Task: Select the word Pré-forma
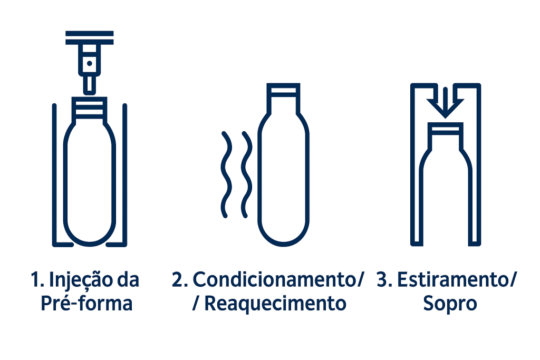pyautogui.click(x=86, y=303)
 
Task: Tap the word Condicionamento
pyautogui.click(x=274, y=279)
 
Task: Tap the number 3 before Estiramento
pyautogui.click(x=384, y=279)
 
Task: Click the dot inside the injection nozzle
pyautogui.click(x=90, y=63)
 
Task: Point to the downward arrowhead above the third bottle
pyautogui.click(x=445, y=109)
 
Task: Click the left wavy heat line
pyautogui.click(x=226, y=174)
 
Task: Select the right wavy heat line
pyautogui.click(x=247, y=174)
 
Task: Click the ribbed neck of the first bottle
pyautogui.click(x=90, y=109)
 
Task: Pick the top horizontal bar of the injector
pyautogui.click(x=90, y=33)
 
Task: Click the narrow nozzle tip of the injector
pyautogui.click(x=90, y=84)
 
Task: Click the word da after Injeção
pyautogui.click(x=128, y=279)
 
